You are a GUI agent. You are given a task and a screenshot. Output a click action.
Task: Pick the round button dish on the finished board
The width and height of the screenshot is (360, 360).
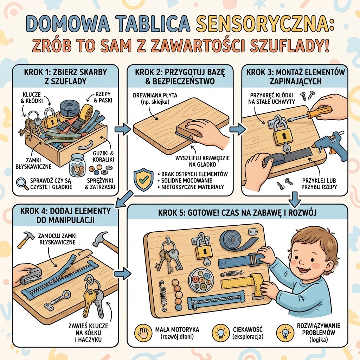tap(201, 280)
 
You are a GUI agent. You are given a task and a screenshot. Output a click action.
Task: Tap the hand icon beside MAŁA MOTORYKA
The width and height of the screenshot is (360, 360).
tap(142, 332)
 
